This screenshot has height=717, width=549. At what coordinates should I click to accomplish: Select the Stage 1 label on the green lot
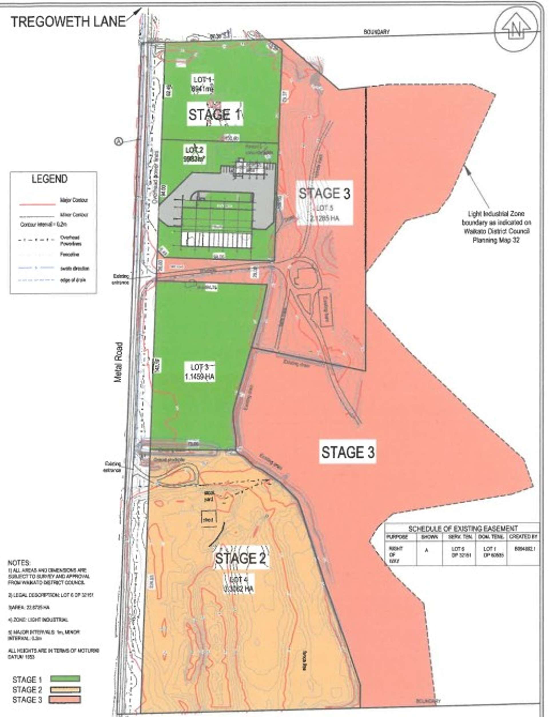click(215, 114)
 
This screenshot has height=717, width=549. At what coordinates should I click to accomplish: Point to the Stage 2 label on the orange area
click(241, 558)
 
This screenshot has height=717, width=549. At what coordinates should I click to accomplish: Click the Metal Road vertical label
click(118, 362)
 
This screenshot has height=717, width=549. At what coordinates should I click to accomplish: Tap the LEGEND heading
click(50, 179)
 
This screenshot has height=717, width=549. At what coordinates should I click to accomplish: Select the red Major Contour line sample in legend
click(37, 204)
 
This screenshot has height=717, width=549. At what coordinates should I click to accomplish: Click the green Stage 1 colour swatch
click(65, 679)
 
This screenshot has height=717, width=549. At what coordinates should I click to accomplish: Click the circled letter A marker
click(118, 141)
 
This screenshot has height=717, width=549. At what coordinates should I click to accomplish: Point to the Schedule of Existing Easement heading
click(463, 529)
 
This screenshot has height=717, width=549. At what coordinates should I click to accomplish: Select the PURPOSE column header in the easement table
click(397, 537)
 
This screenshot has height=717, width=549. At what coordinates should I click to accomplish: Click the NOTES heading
click(19, 563)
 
